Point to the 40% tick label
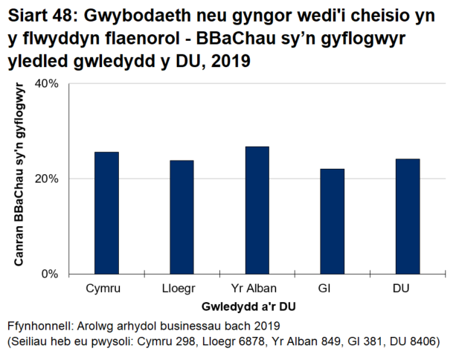47,83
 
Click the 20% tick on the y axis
47,179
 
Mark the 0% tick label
50,274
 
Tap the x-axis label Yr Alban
257,289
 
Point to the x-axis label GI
325,289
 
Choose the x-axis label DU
401,289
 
